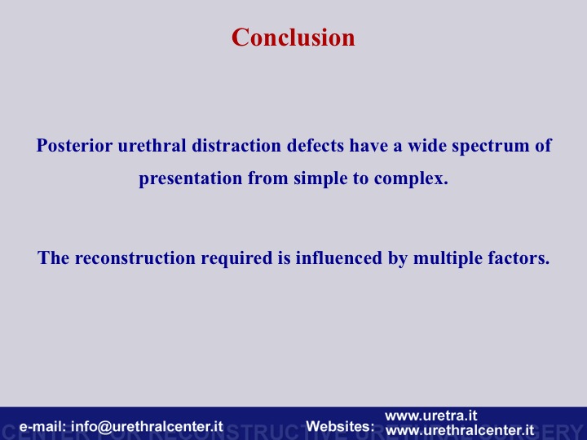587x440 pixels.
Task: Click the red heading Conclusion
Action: click(x=293, y=37)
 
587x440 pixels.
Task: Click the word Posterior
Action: click(x=74, y=146)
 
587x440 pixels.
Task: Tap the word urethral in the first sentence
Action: click(x=152, y=145)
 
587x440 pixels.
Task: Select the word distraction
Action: click(x=236, y=145)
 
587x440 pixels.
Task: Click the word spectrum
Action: click(x=491, y=147)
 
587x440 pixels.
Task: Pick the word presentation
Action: click(x=191, y=178)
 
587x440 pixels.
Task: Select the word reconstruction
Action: click(x=135, y=258)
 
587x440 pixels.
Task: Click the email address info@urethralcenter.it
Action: click(x=147, y=426)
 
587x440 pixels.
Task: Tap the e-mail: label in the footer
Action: click(x=42, y=426)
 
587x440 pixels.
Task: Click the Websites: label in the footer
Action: click(x=340, y=426)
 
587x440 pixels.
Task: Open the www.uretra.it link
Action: click(x=431, y=416)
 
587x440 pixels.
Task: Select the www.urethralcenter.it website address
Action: click(x=460, y=430)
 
